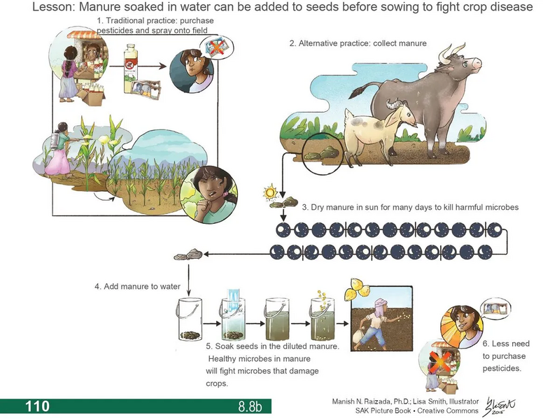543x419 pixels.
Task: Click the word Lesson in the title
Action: pos(55,8)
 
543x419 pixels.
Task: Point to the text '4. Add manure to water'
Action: pos(138,287)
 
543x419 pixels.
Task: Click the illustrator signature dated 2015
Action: pos(497,404)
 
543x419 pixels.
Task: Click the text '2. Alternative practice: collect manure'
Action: pos(358,43)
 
